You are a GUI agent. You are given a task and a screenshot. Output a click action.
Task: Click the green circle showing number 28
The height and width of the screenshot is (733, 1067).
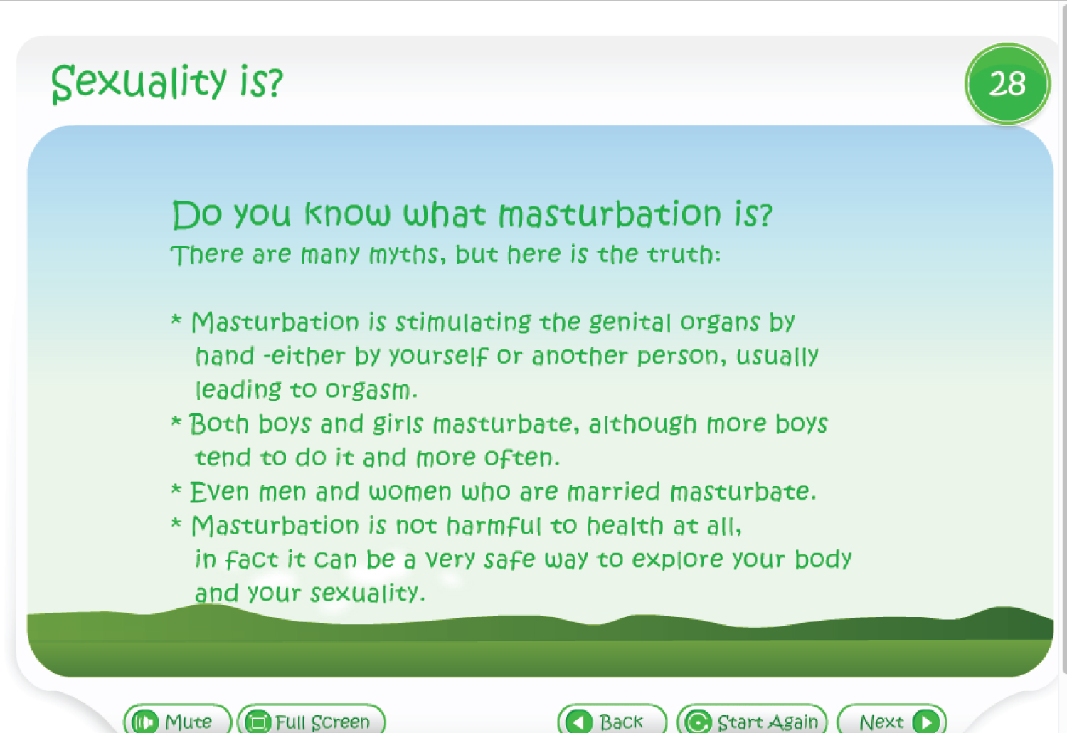(x=1007, y=84)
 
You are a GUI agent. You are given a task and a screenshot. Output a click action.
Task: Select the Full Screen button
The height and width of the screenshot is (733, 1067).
(x=311, y=719)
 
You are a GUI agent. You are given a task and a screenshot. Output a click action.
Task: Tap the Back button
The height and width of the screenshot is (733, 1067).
(x=612, y=719)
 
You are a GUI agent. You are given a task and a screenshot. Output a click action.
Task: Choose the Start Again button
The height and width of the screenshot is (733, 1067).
(x=753, y=719)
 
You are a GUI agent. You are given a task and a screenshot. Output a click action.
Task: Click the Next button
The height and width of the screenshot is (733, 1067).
(x=892, y=719)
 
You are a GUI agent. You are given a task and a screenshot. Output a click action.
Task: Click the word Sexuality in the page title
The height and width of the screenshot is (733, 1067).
(x=139, y=83)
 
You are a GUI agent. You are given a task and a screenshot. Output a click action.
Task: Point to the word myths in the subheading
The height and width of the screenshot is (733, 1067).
(x=403, y=255)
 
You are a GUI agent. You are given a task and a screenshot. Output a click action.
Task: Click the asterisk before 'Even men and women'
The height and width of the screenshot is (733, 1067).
(x=176, y=490)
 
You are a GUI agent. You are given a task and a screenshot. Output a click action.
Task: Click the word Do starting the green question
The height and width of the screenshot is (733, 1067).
(x=197, y=214)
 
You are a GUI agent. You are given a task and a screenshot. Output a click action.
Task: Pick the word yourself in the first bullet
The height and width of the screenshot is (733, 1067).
(x=438, y=357)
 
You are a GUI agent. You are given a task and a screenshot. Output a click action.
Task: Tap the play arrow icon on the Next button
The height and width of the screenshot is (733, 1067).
(x=926, y=721)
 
